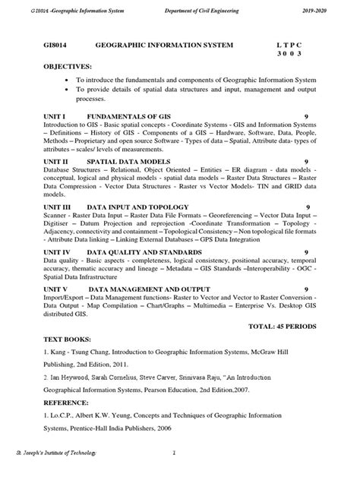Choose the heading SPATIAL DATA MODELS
coord(125,161)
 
